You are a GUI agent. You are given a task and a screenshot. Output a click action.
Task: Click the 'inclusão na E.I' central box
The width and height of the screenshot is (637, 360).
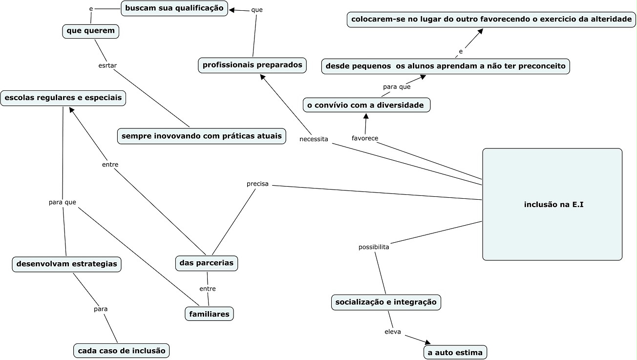552,205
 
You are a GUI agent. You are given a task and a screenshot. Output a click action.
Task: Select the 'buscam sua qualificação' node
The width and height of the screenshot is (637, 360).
174,8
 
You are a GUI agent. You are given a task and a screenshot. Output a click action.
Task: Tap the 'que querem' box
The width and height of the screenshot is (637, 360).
91,31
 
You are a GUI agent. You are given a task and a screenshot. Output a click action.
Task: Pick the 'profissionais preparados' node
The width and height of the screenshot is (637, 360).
253,65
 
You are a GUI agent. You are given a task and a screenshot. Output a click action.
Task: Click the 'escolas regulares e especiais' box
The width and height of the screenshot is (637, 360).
63,98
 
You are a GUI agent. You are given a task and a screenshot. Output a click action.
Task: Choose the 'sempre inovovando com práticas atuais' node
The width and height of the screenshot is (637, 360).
201,136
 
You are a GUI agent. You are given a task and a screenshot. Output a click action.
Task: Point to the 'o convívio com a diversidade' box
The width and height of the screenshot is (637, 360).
366,105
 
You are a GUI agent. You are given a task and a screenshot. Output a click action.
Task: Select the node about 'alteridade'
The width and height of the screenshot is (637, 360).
491,20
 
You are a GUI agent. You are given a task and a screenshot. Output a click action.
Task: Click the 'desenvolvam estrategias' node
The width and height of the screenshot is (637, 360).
67,264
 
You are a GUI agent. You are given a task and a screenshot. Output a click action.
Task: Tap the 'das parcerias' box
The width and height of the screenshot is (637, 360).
207,263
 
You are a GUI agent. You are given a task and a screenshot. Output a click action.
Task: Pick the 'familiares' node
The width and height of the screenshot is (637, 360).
209,314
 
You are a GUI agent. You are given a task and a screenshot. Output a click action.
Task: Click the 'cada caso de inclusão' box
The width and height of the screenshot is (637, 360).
122,350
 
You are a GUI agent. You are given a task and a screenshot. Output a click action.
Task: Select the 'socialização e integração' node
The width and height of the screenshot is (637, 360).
386,302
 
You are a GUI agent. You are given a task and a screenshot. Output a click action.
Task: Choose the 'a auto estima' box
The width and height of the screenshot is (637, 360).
455,352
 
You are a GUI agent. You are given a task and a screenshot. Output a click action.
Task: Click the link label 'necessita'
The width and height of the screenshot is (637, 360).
314,139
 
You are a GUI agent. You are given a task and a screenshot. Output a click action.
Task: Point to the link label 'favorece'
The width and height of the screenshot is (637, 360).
365,138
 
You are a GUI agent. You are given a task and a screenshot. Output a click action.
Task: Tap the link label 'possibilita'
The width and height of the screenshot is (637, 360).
374,247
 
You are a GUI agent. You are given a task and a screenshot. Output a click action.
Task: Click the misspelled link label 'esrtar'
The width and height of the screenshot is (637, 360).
107,65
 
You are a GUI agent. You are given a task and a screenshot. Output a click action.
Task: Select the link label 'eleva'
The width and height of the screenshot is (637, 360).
393,332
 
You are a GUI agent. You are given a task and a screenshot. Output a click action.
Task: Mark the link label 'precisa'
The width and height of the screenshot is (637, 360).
257,184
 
